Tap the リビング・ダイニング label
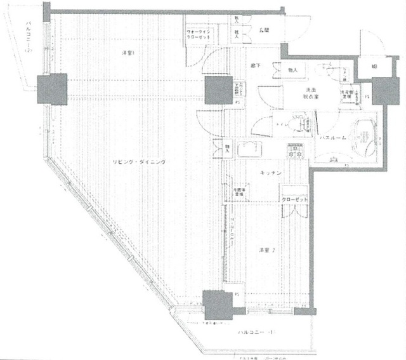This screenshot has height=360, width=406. [140, 162]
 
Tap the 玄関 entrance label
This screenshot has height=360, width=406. [263, 30]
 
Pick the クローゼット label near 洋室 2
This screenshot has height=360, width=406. [295, 199]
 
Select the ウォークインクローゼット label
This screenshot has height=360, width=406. [201, 35]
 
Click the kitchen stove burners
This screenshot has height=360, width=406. [295, 151]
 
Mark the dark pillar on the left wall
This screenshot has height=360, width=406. [51, 89]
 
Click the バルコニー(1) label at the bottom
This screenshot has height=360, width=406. [256, 332]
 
